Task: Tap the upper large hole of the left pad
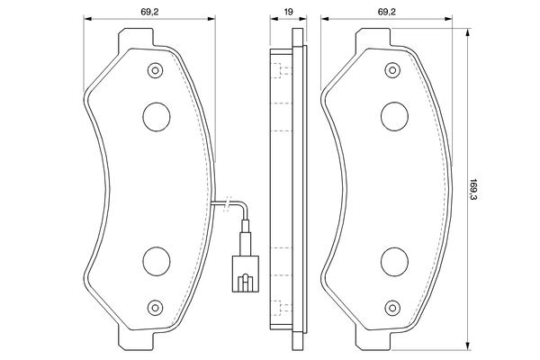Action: click(157, 114)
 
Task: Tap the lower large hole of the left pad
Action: click(157, 261)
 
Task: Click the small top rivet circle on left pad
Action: click(157, 70)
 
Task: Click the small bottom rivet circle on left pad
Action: click(157, 305)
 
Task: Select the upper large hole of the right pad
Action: click(394, 114)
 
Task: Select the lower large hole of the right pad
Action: click(394, 261)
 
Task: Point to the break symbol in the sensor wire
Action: click(232, 206)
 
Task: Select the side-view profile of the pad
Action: click(287, 189)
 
